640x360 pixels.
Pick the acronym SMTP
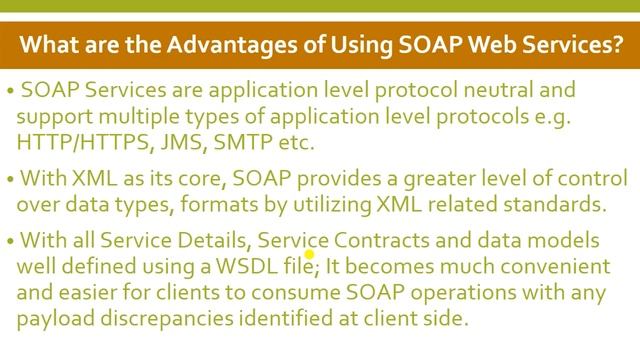(229, 143)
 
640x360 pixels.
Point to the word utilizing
(307, 205)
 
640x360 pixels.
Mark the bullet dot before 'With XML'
(9, 180)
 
